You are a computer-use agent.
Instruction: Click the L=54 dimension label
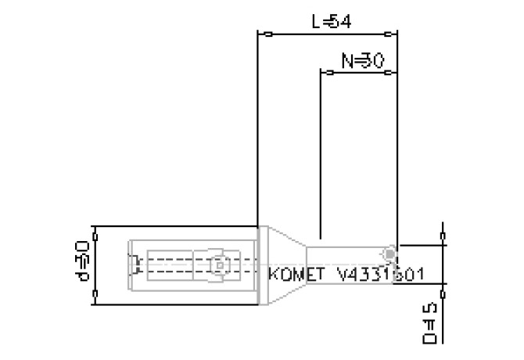click(331, 21)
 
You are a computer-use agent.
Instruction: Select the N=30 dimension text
click(362, 60)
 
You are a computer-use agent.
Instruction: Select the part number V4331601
click(381, 275)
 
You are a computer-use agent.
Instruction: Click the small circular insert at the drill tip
click(389, 254)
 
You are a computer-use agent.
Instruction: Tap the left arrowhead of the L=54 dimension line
click(266, 34)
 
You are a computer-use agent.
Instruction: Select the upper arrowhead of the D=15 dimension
click(444, 235)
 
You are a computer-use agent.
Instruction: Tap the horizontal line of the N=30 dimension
click(360, 72)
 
